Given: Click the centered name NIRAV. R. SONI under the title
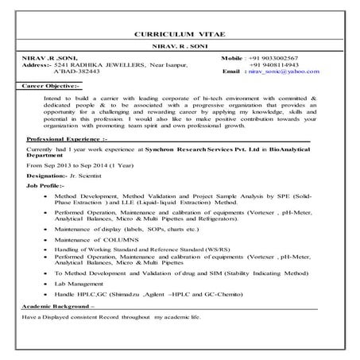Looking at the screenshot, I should (179, 48).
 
